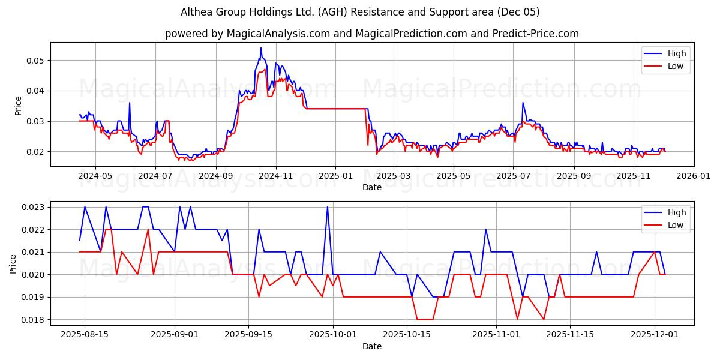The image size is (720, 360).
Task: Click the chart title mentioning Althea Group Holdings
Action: coord(360,12)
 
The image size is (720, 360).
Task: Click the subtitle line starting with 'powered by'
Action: coord(372,34)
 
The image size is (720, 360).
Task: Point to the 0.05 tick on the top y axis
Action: coord(37,61)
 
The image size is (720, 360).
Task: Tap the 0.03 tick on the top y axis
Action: coord(37,121)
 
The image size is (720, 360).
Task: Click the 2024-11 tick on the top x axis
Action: coord(276,176)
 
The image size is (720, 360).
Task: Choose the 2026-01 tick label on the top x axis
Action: coord(693,176)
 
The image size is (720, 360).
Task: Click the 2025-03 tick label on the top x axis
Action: coord(394,176)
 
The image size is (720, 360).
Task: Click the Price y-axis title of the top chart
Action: coord(18,105)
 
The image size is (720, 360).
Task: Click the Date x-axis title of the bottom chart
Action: coord(372,346)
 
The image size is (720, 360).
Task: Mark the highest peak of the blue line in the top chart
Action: coord(261,48)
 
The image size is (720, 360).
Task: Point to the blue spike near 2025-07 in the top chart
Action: coord(523,103)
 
